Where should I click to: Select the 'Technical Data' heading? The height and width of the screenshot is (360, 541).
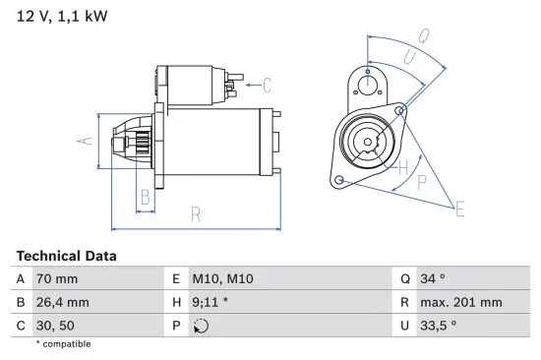click(x=66, y=256)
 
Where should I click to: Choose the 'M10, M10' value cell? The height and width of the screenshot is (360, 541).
click(x=225, y=279)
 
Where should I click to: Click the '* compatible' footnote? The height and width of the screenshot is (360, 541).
click(x=63, y=344)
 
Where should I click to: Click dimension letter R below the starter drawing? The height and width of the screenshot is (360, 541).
click(x=196, y=213)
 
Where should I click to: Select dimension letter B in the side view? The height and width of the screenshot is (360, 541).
click(x=145, y=198)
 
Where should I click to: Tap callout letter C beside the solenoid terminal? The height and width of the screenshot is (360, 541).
click(x=267, y=85)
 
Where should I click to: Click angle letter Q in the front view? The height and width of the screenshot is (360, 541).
click(x=424, y=36)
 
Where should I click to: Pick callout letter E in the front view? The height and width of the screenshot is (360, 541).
click(x=458, y=208)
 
